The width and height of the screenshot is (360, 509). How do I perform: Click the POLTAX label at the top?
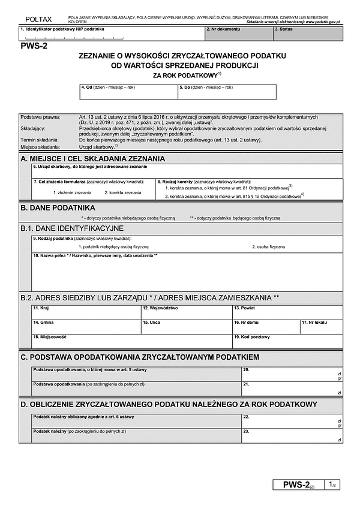pos(35,21)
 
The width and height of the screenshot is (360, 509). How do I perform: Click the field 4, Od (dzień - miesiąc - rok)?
pos(128,92)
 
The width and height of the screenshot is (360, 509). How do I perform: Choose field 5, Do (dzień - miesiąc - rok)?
pos(227,92)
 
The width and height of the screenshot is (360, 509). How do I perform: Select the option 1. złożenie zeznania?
pos(71,192)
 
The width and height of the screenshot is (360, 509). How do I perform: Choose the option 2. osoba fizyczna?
pos(268,246)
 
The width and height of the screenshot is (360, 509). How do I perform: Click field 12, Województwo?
pos(186,313)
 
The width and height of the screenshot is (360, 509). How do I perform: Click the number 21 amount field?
pos(292,388)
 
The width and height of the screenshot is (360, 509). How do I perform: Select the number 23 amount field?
pos(292,436)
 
